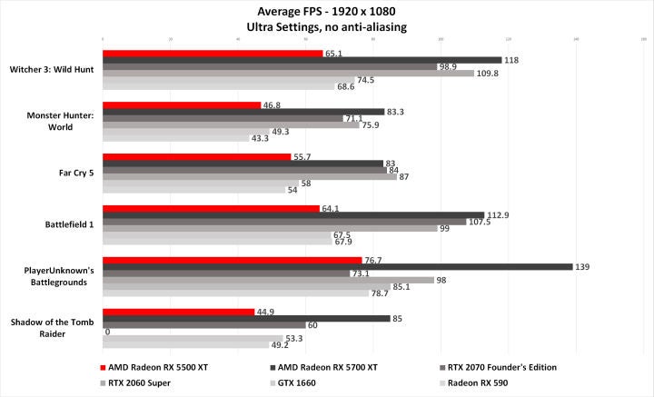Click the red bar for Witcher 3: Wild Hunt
tap(213, 54)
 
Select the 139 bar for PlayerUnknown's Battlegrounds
tap(338, 267)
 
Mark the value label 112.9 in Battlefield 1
tap(498, 215)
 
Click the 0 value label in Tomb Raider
tap(108, 332)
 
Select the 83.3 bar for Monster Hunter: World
tap(243, 112)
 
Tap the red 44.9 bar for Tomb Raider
tap(178, 312)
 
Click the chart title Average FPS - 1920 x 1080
tap(326, 12)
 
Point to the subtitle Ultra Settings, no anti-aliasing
tap(326, 27)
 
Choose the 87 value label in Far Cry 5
tap(404, 177)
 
